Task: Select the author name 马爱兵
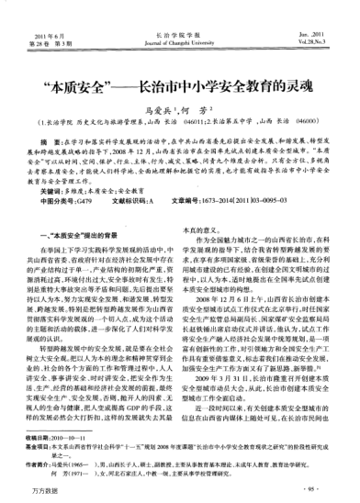(x=162, y=118)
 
